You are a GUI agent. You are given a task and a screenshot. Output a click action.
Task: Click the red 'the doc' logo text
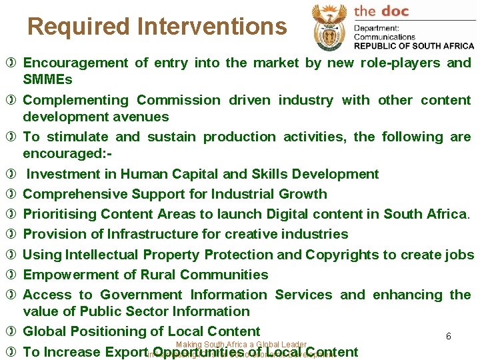pyautogui.click(x=381, y=11)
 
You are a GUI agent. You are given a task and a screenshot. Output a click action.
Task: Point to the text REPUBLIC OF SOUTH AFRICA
pyautogui.click(x=413, y=46)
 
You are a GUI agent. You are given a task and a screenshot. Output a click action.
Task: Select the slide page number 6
pyautogui.click(x=449, y=337)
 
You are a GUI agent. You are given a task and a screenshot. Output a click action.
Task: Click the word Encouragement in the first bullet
pyautogui.click(x=75, y=63)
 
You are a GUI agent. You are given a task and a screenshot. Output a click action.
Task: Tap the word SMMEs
pyautogui.click(x=47, y=80)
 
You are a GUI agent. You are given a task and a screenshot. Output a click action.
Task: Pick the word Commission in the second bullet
pyautogui.click(x=178, y=101)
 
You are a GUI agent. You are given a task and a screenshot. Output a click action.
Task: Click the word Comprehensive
pyautogui.click(x=76, y=195)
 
